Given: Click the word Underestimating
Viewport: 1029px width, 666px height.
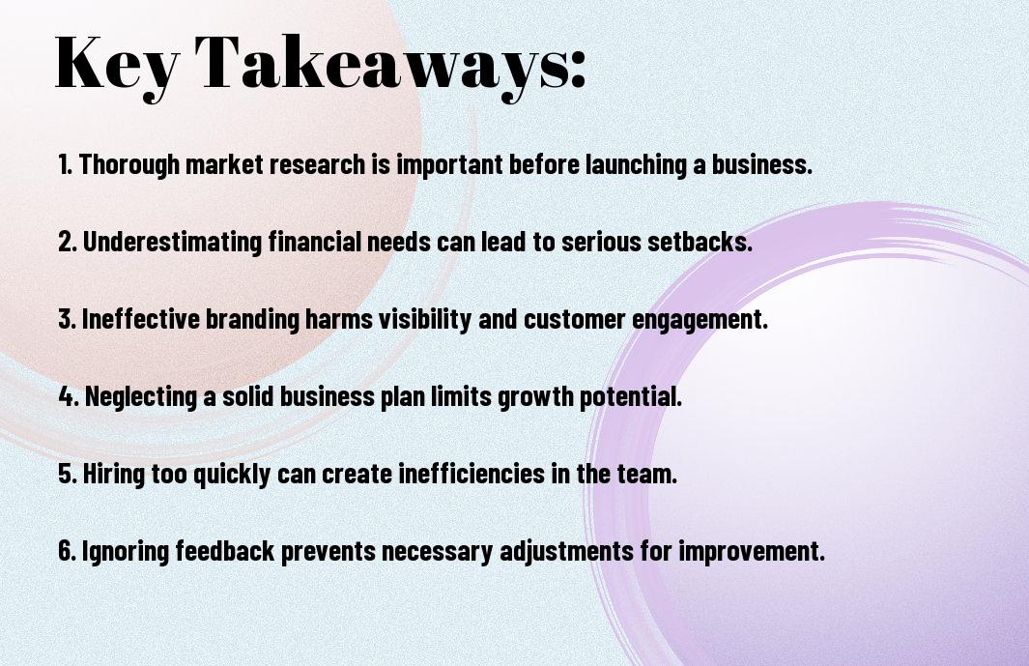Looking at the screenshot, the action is pos(173,242).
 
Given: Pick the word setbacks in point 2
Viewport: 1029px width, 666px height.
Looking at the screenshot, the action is pos(700,242).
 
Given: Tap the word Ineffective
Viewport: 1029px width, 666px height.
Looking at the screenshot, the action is pos(140,319).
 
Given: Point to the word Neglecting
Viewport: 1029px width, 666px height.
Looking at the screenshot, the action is pos(141,396).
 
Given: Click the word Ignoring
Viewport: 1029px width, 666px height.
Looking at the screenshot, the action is pos(125,551).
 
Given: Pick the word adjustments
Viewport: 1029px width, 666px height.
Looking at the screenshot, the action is pos(566,551).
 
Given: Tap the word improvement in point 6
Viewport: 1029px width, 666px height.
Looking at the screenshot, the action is pos(752,551).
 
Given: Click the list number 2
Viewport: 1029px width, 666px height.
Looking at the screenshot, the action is pos(68,242).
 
